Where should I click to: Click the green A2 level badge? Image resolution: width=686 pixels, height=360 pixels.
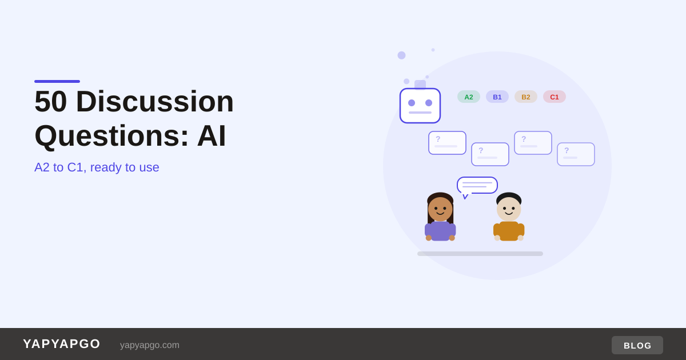469,97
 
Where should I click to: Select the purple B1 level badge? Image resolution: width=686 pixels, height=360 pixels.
497,97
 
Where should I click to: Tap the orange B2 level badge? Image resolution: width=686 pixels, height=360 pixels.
526,97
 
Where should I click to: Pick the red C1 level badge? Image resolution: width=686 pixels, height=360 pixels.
555,97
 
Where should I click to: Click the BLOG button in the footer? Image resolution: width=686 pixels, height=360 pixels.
637,345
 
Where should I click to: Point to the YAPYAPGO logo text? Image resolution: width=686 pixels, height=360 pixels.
62,344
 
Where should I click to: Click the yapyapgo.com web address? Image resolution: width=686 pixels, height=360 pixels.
150,345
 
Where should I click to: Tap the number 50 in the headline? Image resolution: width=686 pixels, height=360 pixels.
50,101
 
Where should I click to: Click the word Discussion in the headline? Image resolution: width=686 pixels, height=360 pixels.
155,101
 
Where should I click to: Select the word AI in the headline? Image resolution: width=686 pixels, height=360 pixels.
212,135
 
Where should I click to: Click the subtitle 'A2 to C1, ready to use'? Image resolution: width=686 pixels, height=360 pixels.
97,167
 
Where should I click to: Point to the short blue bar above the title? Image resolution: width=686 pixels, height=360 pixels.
57,81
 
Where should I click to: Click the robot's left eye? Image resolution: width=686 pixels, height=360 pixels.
412,103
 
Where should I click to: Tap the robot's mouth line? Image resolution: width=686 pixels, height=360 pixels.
420,113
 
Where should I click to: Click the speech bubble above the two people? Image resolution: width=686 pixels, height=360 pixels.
477,186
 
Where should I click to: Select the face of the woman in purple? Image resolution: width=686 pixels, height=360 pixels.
440,209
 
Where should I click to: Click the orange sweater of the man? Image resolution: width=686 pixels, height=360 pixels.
509,231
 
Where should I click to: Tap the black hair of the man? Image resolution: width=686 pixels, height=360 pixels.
509,197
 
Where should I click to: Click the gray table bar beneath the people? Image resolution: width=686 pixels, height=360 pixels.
480,254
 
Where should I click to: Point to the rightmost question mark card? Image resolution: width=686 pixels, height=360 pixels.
576,154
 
